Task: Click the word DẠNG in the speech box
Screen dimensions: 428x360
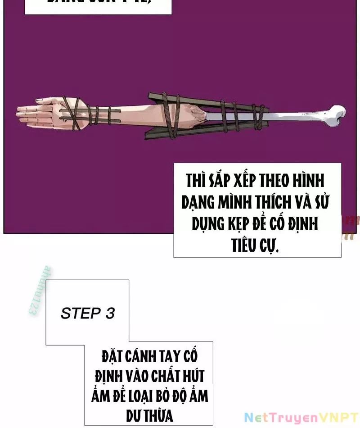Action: click(x=197, y=203)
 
